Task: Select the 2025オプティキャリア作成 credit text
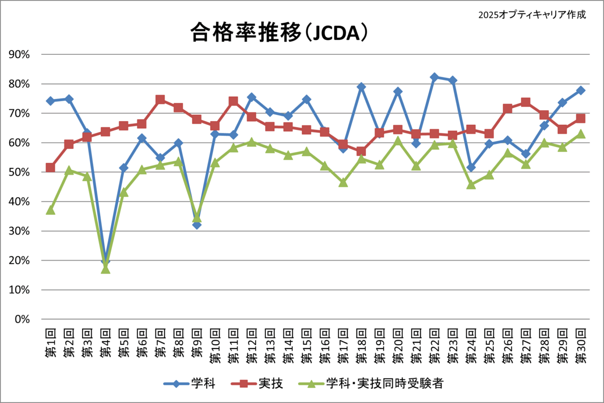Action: [x=533, y=15]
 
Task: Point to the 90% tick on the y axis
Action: [x=21, y=54]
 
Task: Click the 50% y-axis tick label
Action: [x=21, y=172]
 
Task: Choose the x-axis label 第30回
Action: [x=580, y=345]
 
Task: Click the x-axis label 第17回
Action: [x=343, y=345]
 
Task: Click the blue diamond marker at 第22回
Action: [x=434, y=77]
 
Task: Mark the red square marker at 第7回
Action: [x=160, y=100]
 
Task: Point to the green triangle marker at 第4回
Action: [x=105, y=269]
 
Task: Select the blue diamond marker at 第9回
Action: [x=197, y=224]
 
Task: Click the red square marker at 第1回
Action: [x=50, y=168]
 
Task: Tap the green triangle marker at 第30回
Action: [x=580, y=134]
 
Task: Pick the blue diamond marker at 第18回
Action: [x=361, y=87]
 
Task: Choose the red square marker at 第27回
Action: [x=525, y=102]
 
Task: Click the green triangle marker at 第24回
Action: [x=471, y=185]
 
